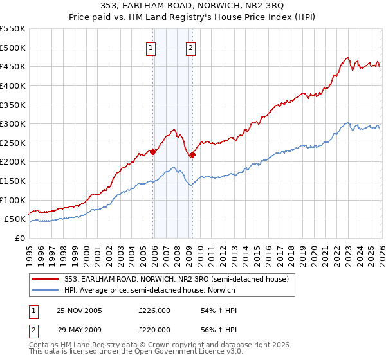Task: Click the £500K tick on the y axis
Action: point(13,48)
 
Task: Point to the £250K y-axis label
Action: point(13,143)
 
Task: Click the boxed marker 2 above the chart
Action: point(192,47)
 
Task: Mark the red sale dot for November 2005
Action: point(153,152)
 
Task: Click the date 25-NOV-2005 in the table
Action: point(79,310)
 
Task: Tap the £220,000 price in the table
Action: point(154,329)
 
